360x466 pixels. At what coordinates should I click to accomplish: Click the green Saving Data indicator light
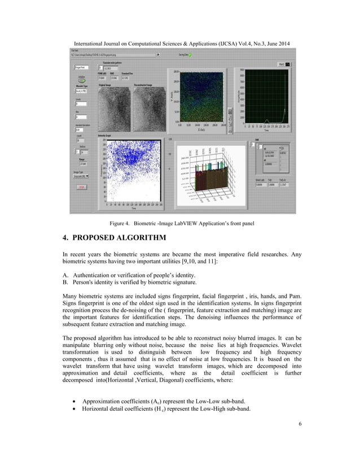coord(190,55)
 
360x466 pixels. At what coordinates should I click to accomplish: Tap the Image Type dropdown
coord(81,177)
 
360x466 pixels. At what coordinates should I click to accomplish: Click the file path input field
coord(113,55)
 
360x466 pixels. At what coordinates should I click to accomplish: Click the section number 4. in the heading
coord(67,238)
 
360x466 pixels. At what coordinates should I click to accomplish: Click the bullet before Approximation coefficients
coord(75,401)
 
